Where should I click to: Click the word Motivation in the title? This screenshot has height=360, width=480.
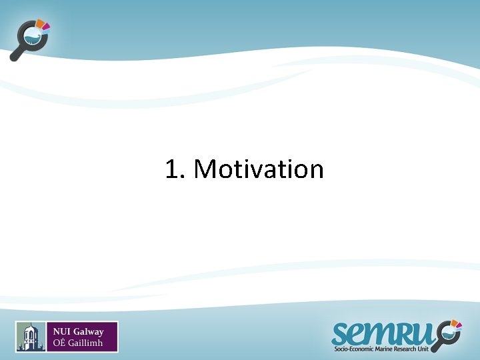[258, 169]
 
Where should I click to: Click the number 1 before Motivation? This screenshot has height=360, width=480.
[172, 169]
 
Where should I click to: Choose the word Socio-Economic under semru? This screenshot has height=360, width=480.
[357, 349]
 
